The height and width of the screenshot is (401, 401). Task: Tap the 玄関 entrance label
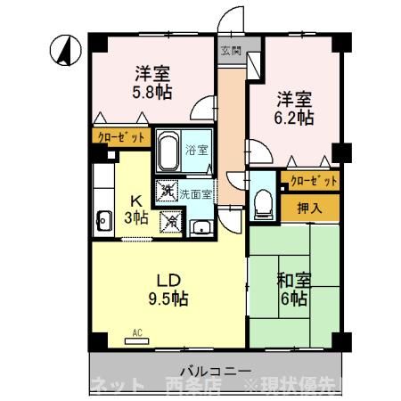[229, 51]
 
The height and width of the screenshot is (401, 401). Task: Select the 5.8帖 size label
[153, 91]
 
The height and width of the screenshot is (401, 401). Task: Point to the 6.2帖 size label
[295, 116]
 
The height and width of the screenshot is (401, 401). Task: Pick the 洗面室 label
[195, 193]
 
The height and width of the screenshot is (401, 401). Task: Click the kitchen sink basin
[102, 219]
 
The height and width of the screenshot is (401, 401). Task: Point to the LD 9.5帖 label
[166, 286]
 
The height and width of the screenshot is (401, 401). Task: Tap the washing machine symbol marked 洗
[166, 191]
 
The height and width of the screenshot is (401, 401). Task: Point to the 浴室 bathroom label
[198, 151]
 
